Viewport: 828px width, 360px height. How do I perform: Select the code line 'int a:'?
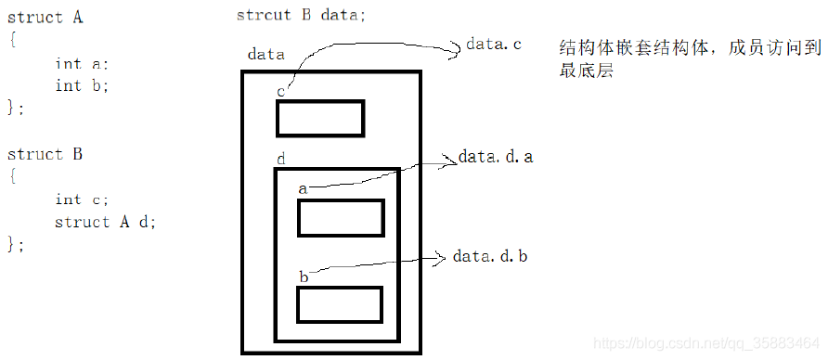(x=82, y=63)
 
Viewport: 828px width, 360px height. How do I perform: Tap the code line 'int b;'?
(x=82, y=85)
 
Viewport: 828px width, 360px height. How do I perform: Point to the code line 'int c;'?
(x=82, y=199)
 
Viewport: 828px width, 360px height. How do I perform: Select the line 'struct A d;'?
(x=105, y=222)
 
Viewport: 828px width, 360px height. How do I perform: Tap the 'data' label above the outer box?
(x=266, y=55)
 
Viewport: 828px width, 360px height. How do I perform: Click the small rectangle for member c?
(x=319, y=118)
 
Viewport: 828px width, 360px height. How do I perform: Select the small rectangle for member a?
(x=340, y=218)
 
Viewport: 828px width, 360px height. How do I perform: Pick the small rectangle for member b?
(x=340, y=305)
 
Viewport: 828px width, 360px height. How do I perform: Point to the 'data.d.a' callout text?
(x=495, y=157)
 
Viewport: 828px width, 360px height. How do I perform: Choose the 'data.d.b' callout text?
(x=490, y=256)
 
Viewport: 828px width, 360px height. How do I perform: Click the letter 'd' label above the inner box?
(x=280, y=160)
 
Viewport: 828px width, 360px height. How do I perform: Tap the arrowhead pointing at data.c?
(x=457, y=51)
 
